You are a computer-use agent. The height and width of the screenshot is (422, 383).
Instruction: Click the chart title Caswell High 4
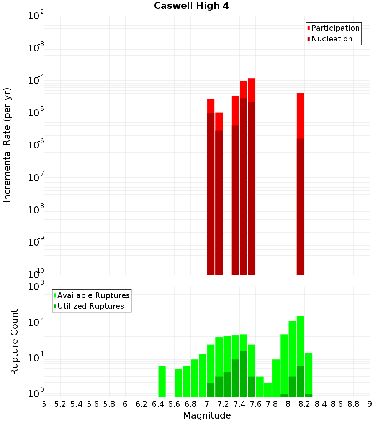click(x=191, y=6)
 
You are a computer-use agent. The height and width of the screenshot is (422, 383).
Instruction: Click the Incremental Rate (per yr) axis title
click(x=7, y=145)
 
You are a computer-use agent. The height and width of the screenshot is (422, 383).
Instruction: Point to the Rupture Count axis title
click(x=15, y=342)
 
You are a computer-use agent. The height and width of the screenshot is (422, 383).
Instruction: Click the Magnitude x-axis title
click(x=207, y=415)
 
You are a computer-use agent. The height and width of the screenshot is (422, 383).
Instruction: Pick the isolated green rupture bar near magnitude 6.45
click(x=162, y=381)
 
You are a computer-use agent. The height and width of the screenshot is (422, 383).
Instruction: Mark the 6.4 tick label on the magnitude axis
click(x=158, y=404)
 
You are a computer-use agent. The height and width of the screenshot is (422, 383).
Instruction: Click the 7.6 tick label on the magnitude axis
click(x=255, y=404)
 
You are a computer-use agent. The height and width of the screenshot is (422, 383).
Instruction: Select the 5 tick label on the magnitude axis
click(x=44, y=404)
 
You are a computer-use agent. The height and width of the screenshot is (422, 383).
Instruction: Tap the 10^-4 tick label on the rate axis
click(x=36, y=81)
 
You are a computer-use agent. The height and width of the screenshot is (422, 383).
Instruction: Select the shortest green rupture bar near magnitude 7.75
click(x=268, y=390)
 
